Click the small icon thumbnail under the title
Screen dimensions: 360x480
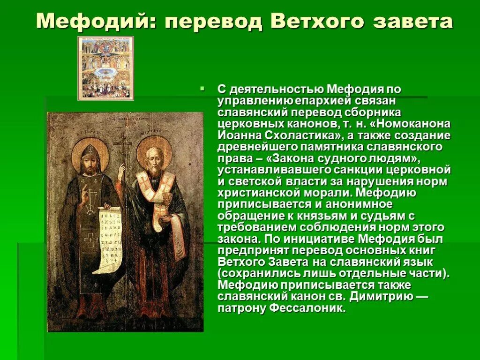105,68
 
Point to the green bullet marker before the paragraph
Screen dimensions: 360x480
202,88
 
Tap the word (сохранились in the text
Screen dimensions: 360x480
253,274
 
